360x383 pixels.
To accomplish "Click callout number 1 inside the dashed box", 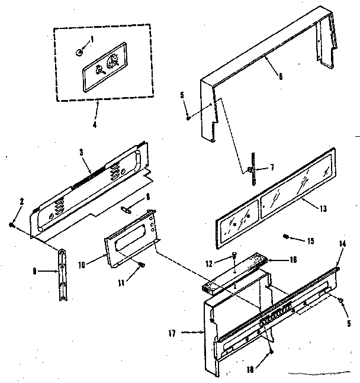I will coord(92,40).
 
